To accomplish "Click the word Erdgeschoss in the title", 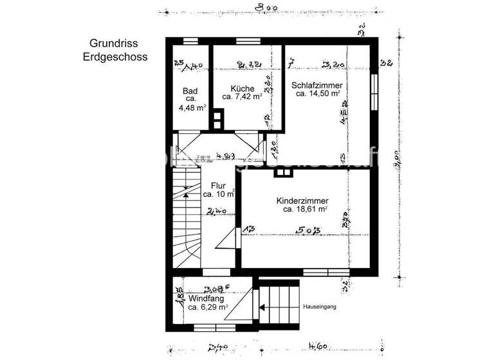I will tap(115, 57).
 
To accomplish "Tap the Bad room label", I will tap(190, 91).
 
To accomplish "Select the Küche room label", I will tap(242, 88).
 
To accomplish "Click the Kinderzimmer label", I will tap(305, 200).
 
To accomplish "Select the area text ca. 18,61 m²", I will tap(305, 210).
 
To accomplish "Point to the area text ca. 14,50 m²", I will tap(318, 94).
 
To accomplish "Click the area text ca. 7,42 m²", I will tap(242, 97).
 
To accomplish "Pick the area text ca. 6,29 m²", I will tap(208, 308).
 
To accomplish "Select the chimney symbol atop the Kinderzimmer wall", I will tap(281, 172).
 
